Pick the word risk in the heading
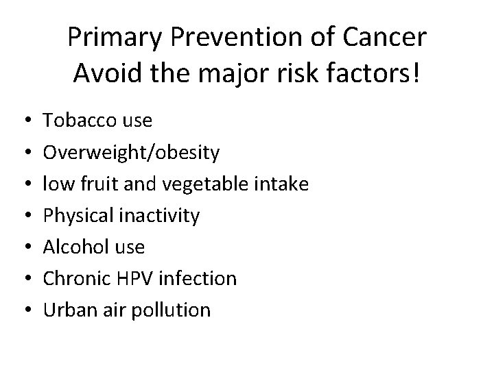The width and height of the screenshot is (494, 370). coord(292,73)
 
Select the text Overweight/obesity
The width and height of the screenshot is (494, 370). coord(132,153)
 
